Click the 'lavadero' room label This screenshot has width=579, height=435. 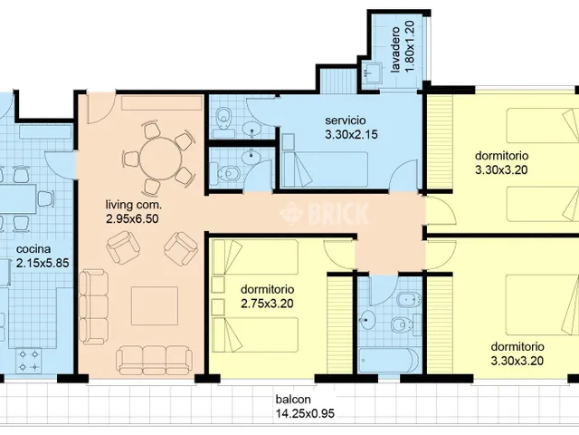(395, 49)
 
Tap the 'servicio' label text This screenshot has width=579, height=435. (346, 121)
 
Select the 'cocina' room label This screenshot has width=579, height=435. (33, 249)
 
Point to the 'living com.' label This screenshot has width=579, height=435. (134, 205)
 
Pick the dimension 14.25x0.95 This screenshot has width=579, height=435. (305, 413)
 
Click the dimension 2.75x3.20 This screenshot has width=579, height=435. (268, 304)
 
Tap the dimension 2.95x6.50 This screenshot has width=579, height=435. (132, 219)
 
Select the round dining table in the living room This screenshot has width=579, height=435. (161, 159)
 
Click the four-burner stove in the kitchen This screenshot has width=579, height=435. (29, 361)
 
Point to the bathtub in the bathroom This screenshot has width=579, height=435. (388, 361)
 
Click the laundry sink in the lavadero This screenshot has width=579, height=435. (372, 72)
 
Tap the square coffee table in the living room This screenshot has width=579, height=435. (155, 306)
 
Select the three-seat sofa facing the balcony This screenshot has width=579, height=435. (155, 361)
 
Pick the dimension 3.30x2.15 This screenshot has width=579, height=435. (352, 135)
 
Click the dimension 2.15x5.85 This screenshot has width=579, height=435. (43, 263)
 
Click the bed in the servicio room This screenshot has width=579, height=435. (324, 169)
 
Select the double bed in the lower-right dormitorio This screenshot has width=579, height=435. (542, 304)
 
